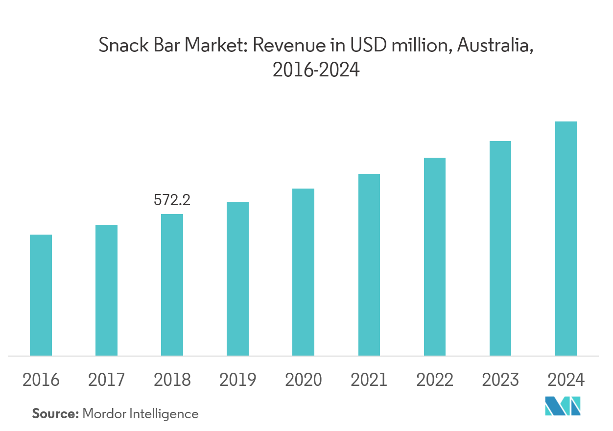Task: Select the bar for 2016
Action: click(x=41, y=295)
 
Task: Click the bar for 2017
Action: click(x=106, y=290)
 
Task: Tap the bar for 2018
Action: click(x=172, y=285)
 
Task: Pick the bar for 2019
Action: click(x=237, y=278)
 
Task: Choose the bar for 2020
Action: click(x=303, y=272)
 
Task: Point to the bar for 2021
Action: click(x=369, y=264)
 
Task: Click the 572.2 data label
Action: click(x=172, y=200)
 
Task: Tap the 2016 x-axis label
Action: click(x=41, y=380)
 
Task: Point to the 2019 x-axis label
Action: click(x=237, y=380)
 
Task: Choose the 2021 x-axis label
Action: click(x=369, y=380)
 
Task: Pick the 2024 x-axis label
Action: click(x=566, y=380)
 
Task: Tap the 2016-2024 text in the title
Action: click(x=316, y=71)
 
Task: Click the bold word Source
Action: click(x=55, y=414)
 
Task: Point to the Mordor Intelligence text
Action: click(x=141, y=414)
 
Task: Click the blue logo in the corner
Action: click(x=563, y=406)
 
